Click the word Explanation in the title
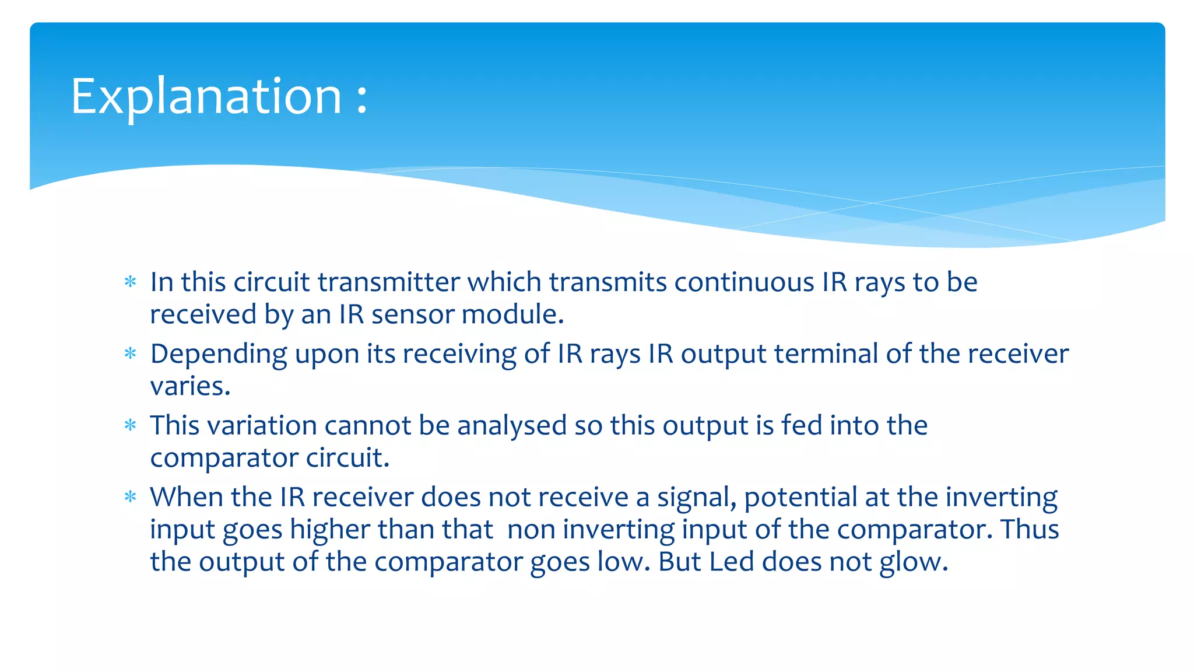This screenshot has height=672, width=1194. pos(206,97)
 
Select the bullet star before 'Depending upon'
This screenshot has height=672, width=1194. pos(131,354)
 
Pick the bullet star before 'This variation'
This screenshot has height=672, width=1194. pos(131,426)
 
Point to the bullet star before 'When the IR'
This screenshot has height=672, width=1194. pos(131,498)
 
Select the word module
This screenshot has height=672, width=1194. pos(512,314)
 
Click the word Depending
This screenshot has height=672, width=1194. pos(219,355)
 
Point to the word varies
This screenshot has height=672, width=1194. pos(189,386)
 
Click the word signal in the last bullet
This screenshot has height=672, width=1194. pos(696,498)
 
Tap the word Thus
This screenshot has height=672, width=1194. pos(1030,530)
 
